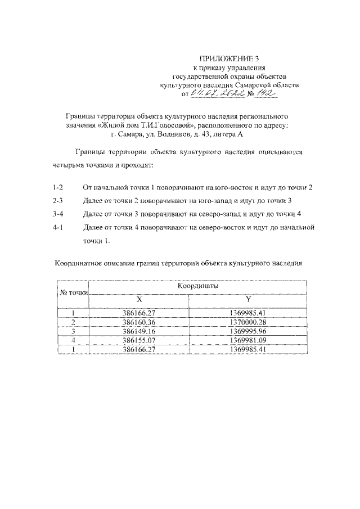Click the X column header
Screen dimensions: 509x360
[138, 299]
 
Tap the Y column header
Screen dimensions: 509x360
[247, 299]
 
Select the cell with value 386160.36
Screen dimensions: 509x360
[138, 322]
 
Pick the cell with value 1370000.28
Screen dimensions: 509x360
[247, 322]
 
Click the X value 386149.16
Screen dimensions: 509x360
[138, 331]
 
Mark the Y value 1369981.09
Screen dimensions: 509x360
[247, 340]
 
